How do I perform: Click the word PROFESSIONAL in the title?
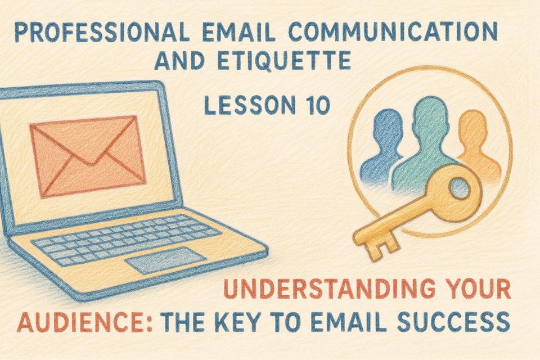pyautogui.click(x=102, y=32)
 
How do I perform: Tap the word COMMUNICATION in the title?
pyautogui.click(x=393, y=32)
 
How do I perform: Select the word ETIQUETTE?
pyautogui.click(x=284, y=60)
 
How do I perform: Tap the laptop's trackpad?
pyautogui.click(x=165, y=260)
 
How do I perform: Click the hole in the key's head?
pyautogui.click(x=459, y=188)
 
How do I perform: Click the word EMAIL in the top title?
pyautogui.click(x=239, y=32)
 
